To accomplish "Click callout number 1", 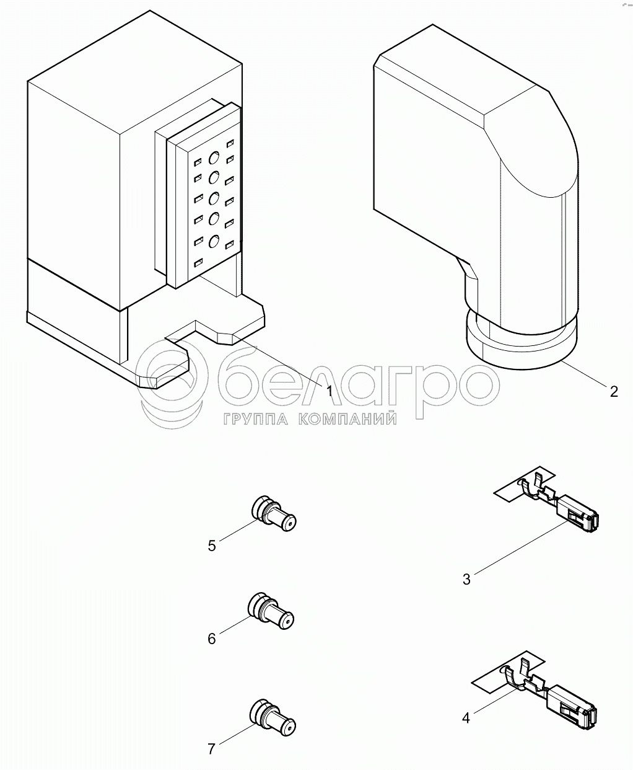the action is click(329, 391).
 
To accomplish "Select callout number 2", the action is click(614, 391).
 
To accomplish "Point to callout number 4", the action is click(466, 718).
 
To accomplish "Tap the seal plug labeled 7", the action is click(273, 717).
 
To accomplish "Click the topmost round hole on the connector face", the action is click(214, 157).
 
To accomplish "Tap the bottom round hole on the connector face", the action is click(214, 242).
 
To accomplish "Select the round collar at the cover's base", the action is click(522, 343).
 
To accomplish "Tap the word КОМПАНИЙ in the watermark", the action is click(347, 419).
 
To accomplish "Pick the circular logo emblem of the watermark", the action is click(172, 379).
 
